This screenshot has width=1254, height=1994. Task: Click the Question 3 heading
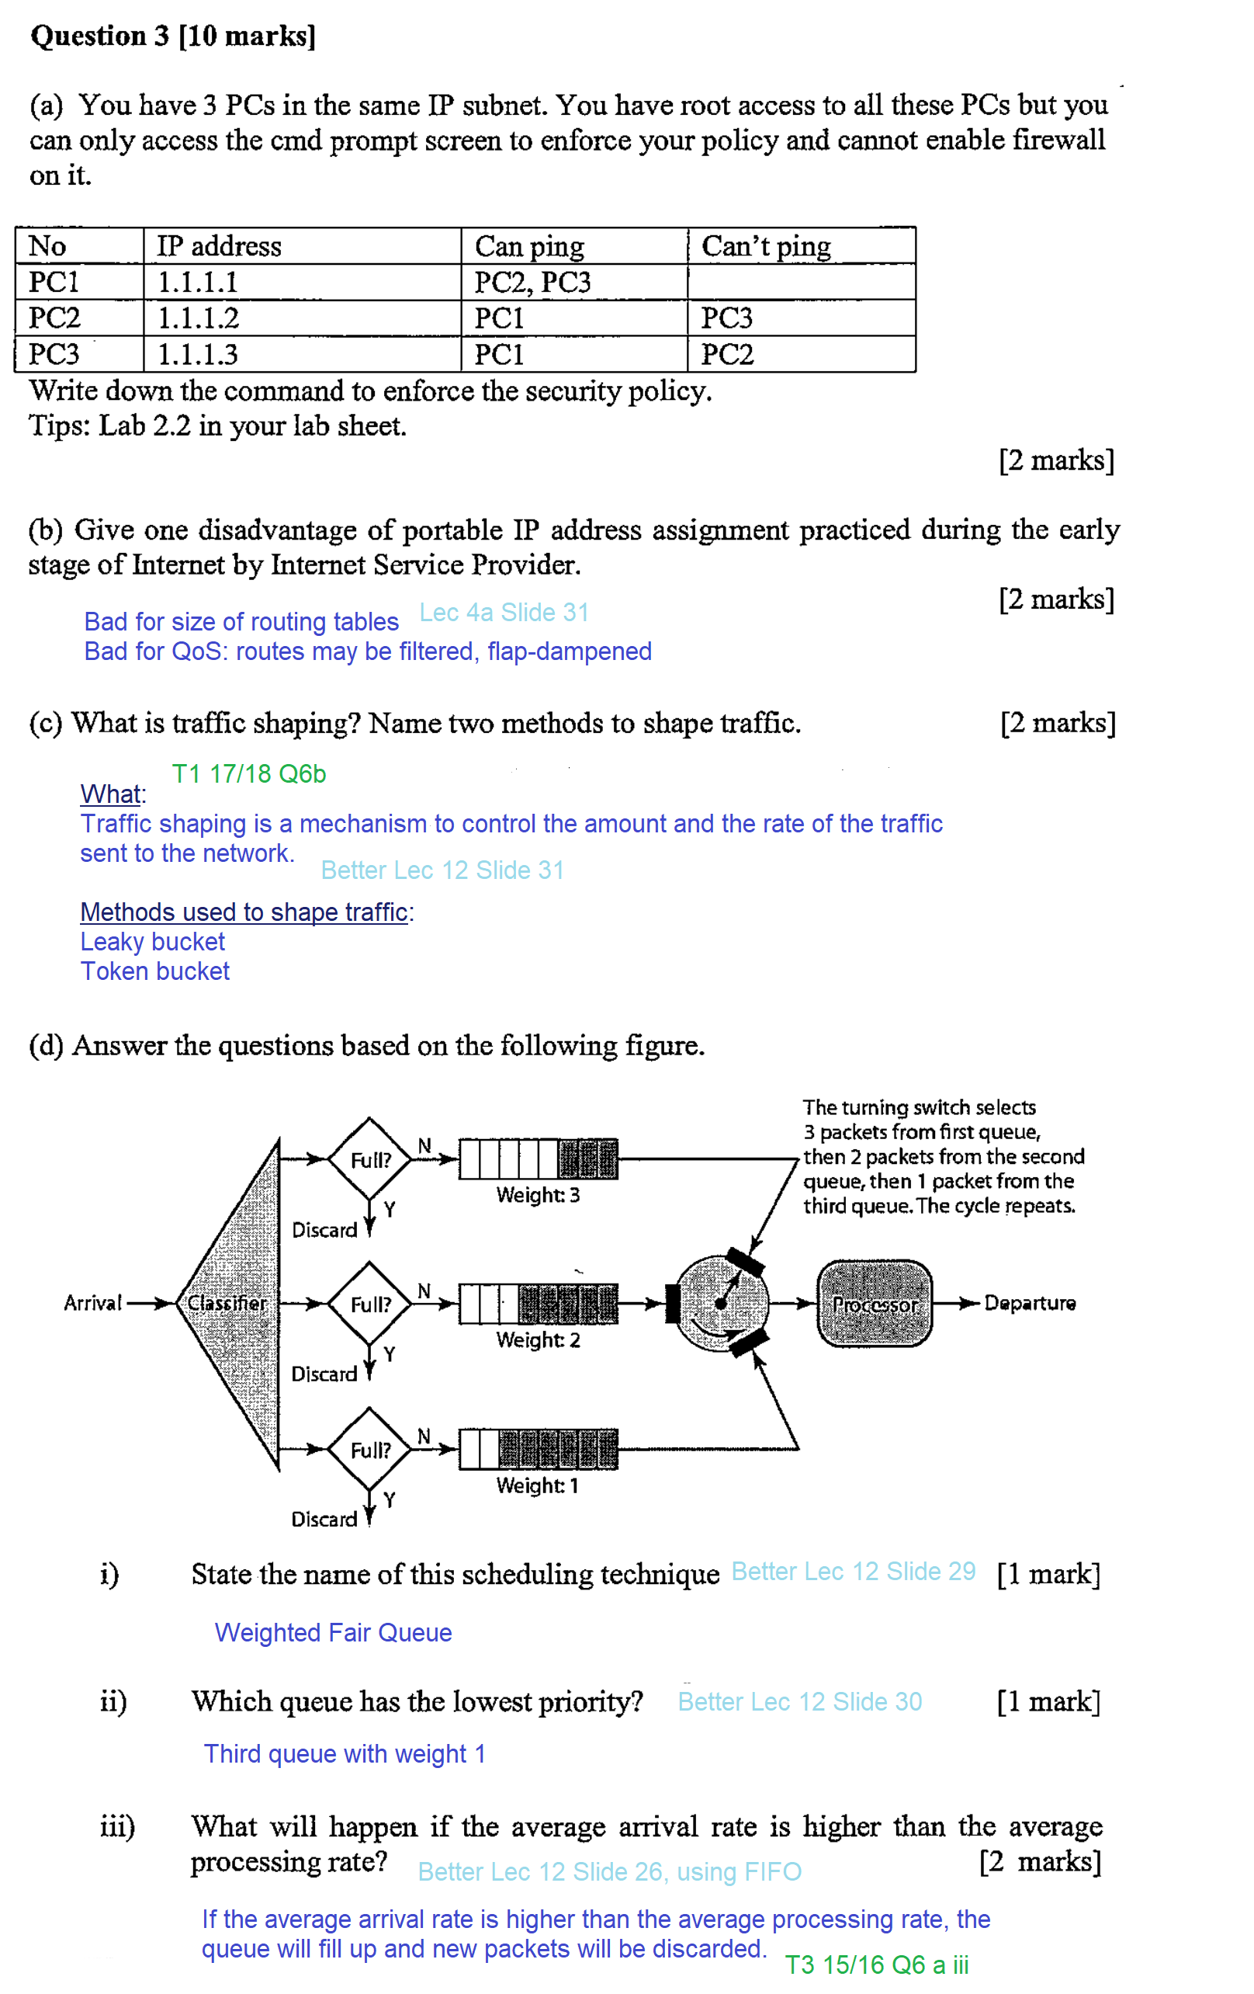(173, 36)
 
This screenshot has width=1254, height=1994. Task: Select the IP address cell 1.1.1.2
(199, 318)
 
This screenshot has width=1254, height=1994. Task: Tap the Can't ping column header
(766, 246)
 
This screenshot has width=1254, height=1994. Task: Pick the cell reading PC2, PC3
(532, 283)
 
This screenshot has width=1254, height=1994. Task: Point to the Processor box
(874, 1304)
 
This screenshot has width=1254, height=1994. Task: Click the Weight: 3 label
(538, 1195)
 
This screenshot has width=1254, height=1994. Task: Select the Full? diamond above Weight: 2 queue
(370, 1304)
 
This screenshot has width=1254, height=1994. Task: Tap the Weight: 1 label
(537, 1485)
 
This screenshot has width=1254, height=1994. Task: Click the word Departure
(1029, 1304)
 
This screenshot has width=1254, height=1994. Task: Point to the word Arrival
(92, 1304)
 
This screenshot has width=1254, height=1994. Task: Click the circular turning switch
(720, 1304)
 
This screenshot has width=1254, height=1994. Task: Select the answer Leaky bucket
(152, 942)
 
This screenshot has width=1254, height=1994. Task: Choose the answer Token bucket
(154, 971)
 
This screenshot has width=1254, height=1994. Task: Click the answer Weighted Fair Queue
(333, 1632)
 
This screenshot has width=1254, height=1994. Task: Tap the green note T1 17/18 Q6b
(248, 773)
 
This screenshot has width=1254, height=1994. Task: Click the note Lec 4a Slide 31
(504, 612)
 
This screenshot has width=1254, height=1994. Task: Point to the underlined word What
(111, 794)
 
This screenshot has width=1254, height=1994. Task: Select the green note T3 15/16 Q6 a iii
(877, 1965)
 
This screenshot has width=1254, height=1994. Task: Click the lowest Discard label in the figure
(324, 1519)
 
